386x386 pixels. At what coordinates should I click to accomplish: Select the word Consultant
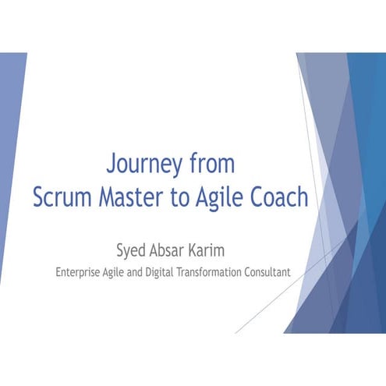[270, 273]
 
